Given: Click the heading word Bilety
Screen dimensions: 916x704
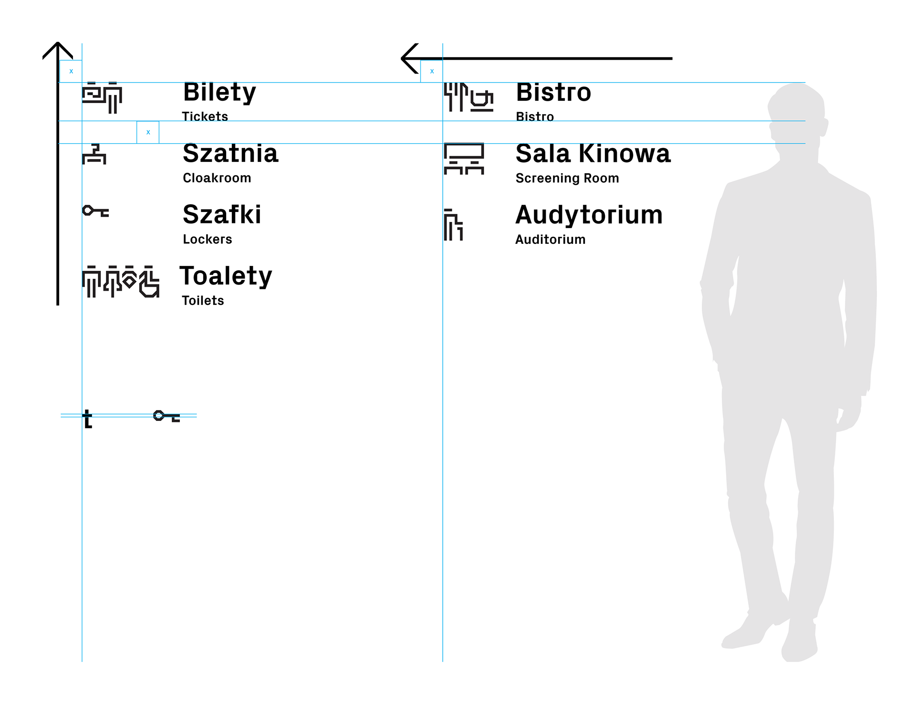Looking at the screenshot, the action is click(219, 93).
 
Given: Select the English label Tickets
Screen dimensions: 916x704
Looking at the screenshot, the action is click(205, 116).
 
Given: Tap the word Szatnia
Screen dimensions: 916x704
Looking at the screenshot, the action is click(230, 154).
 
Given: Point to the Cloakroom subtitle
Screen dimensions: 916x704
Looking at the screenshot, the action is click(217, 178).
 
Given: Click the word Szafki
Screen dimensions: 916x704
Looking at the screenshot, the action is click(222, 215).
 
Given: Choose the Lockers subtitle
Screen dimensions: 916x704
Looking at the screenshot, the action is click(207, 239).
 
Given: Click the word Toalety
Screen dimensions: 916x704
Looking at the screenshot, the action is click(226, 276).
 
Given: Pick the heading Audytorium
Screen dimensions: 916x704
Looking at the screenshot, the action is click(589, 215).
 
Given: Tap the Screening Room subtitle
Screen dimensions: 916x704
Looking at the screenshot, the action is click(567, 178).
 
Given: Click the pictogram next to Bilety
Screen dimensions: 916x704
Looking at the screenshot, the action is click(102, 98).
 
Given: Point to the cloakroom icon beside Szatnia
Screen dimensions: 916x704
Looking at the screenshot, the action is click(94, 154).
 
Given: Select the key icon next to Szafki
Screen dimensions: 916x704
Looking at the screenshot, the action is click(95, 211).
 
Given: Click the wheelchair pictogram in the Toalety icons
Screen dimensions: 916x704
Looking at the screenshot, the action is click(149, 282).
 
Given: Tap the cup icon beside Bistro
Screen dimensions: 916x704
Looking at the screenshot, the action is click(482, 100).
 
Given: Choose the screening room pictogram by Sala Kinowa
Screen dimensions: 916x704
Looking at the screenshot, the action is click(464, 158).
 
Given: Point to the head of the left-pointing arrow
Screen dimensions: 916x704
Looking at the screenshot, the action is click(404, 58).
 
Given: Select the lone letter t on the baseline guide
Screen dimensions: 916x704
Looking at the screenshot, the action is click(87, 419).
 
